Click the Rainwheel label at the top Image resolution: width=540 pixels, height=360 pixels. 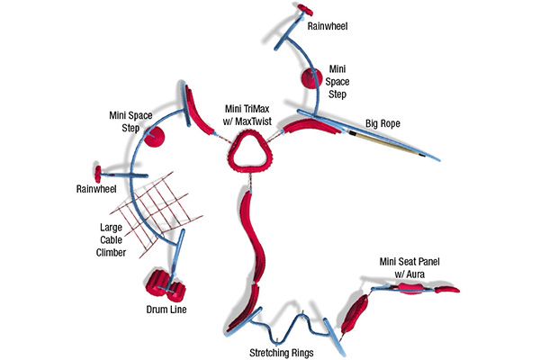[x=327, y=27]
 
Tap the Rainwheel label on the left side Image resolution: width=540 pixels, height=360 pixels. [x=92, y=190]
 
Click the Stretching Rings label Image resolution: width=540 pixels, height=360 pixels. [x=281, y=352]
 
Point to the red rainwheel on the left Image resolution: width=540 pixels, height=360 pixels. [x=96, y=171]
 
